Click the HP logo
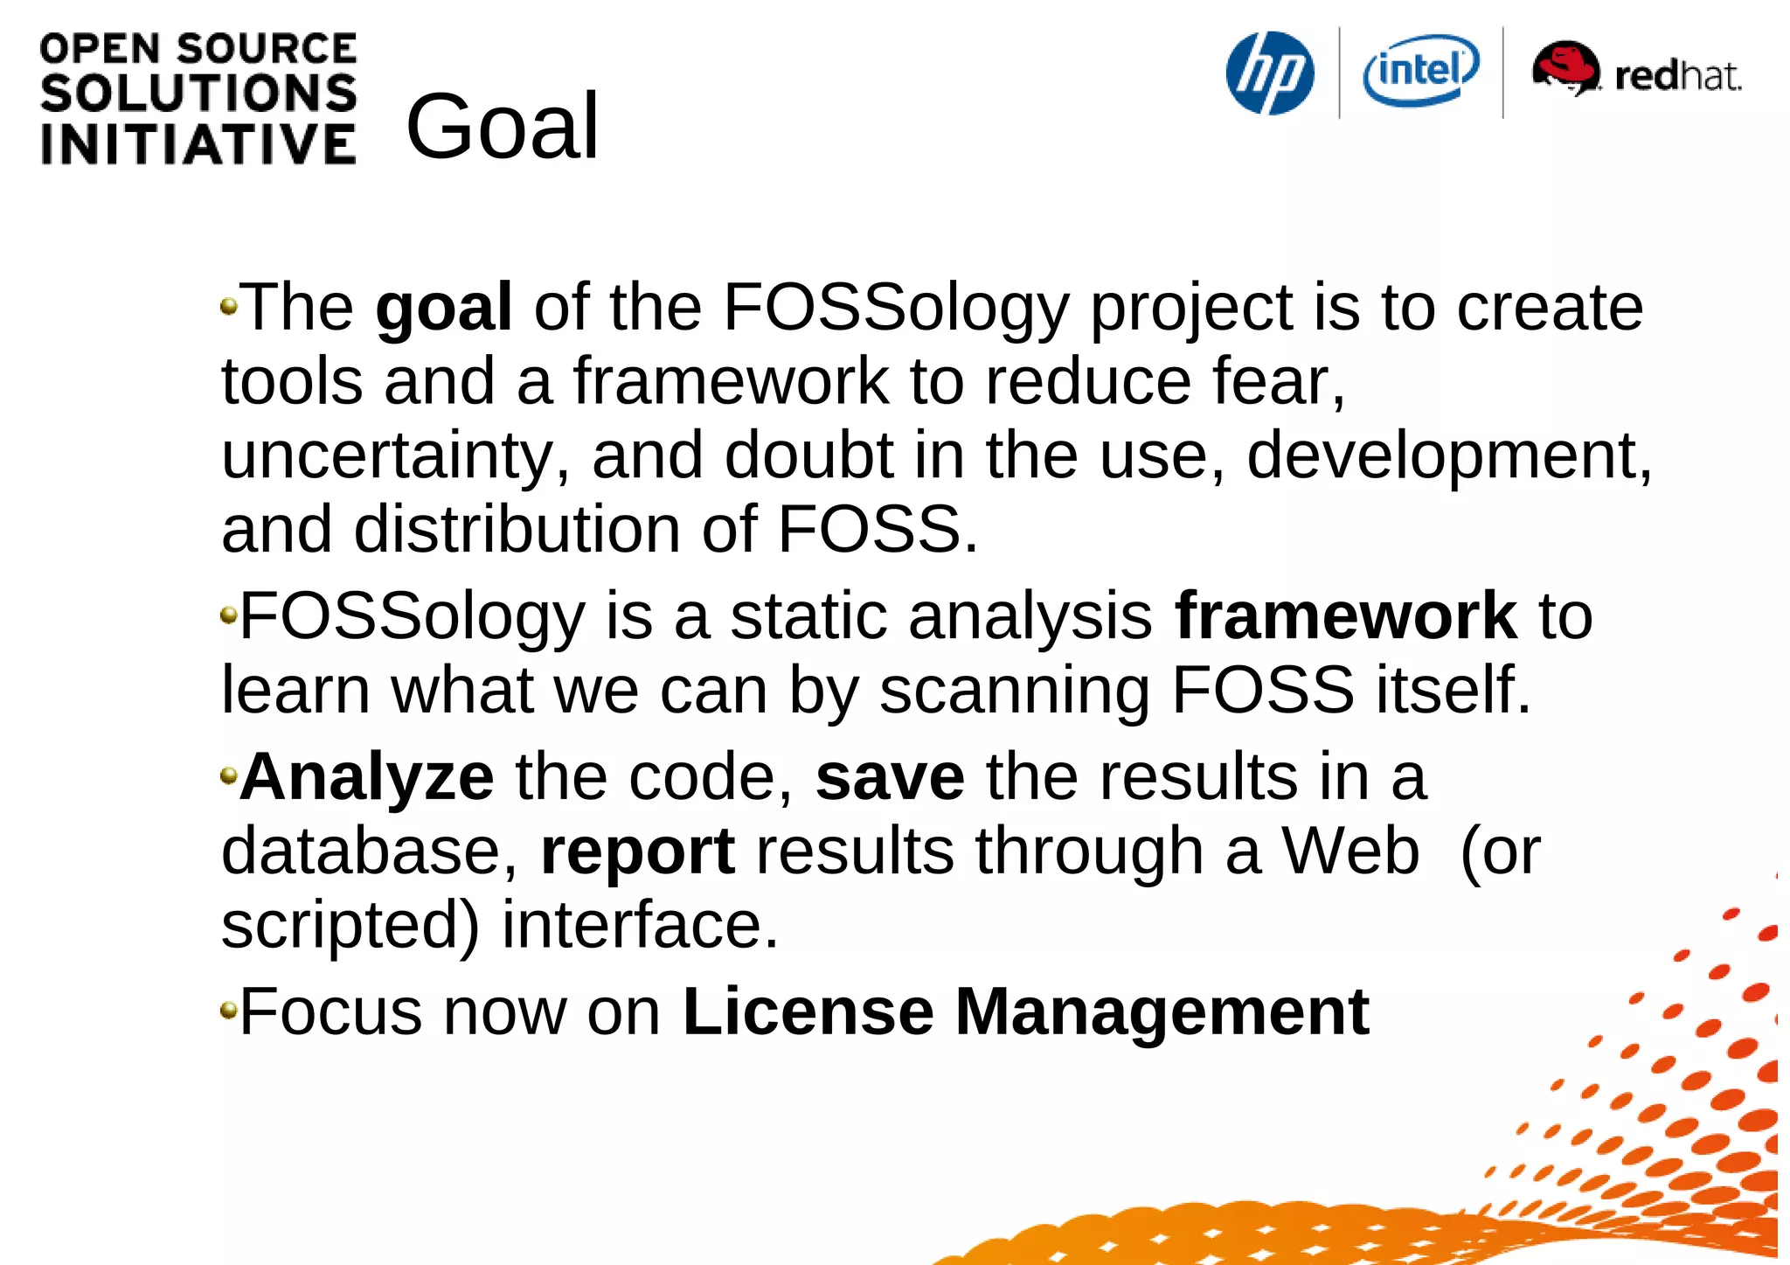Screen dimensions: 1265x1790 [1270, 73]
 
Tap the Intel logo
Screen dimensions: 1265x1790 [1420, 70]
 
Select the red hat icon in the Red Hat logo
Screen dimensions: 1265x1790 [1565, 67]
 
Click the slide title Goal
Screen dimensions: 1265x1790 [503, 127]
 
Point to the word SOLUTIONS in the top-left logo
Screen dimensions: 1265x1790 [198, 94]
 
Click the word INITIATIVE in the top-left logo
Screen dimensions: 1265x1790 [198, 144]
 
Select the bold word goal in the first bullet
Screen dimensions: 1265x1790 [443, 309]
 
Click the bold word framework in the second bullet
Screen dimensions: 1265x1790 [1345, 616]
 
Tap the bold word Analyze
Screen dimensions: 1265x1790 [367, 777]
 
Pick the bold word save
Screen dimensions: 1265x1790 [890, 777]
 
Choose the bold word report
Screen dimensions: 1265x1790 [637, 851]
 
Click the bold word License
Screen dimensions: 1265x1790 [808, 1012]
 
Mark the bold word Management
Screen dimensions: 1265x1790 [1162, 1012]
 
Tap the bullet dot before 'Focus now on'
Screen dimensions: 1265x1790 [229, 1011]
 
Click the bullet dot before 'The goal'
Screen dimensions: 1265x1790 [229, 306]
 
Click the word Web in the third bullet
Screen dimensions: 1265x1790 [1350, 851]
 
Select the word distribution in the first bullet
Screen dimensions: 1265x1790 [517, 530]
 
